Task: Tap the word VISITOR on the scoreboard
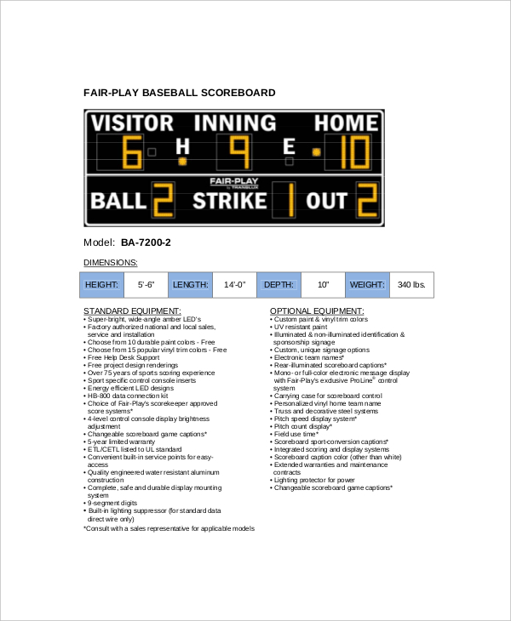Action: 132,124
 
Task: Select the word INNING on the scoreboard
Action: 235,124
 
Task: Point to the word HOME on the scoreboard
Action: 346,124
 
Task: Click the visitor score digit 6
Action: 132,153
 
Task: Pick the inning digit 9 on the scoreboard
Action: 239,153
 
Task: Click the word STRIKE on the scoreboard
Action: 229,201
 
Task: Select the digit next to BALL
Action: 164,201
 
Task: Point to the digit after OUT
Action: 366,201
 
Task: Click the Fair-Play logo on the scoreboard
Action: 234,182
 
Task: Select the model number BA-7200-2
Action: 146,242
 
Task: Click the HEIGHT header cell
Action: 102,285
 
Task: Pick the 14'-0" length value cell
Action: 234,285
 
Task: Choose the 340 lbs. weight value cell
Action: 411,285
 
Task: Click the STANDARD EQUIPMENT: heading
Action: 131,311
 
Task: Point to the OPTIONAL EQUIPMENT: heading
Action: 316,311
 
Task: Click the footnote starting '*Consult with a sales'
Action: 168,528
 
